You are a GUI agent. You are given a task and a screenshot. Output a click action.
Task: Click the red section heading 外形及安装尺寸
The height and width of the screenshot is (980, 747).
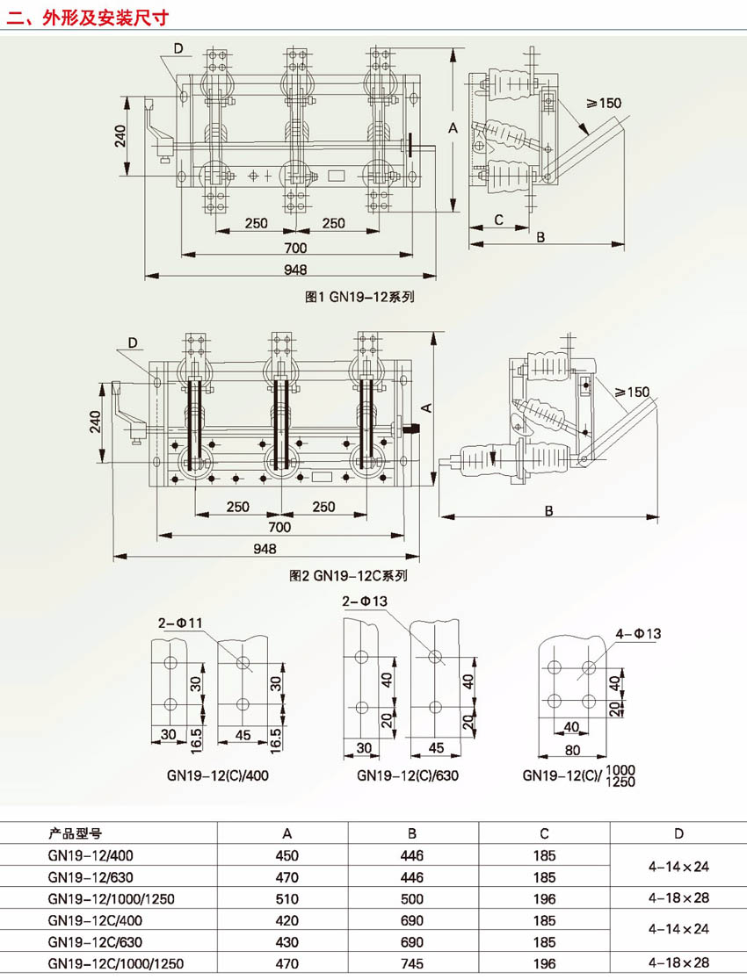105,17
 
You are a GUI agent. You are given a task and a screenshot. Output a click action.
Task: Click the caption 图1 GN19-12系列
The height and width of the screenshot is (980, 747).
359,297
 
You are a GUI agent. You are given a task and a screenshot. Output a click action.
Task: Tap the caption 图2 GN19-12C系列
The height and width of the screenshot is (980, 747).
348,575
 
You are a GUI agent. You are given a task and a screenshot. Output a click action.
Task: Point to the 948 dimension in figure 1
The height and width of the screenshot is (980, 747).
295,270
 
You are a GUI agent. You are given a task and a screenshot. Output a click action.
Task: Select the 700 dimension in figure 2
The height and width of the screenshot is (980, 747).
279,527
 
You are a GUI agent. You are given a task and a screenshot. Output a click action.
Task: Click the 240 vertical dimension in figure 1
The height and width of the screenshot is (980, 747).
120,136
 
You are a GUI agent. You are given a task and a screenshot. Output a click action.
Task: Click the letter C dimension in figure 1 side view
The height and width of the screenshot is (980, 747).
498,220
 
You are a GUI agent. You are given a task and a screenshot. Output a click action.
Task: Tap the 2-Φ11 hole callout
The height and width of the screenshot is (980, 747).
180,623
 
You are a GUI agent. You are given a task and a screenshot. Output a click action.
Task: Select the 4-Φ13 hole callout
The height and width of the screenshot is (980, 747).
638,634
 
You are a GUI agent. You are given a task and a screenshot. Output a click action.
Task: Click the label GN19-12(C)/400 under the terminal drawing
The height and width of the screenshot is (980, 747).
218,775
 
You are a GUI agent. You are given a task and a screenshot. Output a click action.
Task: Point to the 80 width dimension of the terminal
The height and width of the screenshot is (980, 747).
572,749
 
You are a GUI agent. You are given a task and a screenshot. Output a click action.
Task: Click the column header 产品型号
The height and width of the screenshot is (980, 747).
75,833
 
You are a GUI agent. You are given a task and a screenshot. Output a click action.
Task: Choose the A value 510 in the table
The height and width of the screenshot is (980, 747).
287,898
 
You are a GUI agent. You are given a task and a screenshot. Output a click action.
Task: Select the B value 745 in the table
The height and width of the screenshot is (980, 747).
412,963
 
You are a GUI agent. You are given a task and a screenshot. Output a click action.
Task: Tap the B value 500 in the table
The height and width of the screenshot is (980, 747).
412,898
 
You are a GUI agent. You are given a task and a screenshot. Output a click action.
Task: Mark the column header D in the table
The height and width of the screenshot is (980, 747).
678,833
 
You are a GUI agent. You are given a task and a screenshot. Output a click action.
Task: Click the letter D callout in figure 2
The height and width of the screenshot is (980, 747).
133,342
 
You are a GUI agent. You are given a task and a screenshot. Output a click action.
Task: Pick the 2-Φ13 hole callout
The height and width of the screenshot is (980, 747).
365,602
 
